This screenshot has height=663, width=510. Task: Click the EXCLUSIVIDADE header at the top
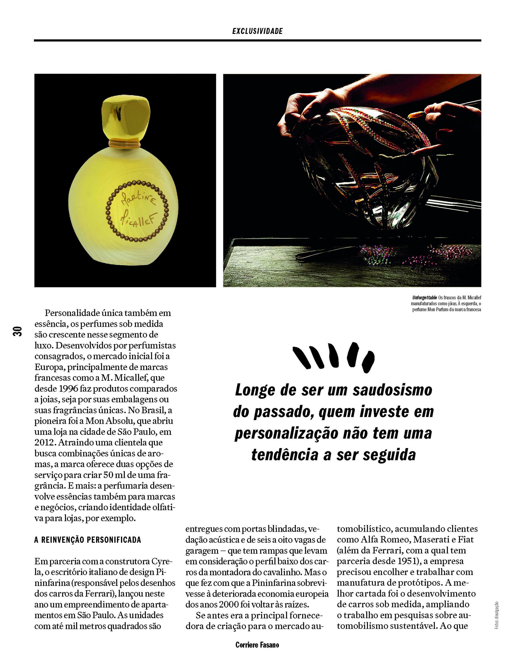(257, 31)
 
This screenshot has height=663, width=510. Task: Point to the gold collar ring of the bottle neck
(125, 142)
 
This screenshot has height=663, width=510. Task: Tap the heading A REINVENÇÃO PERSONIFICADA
(88, 539)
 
